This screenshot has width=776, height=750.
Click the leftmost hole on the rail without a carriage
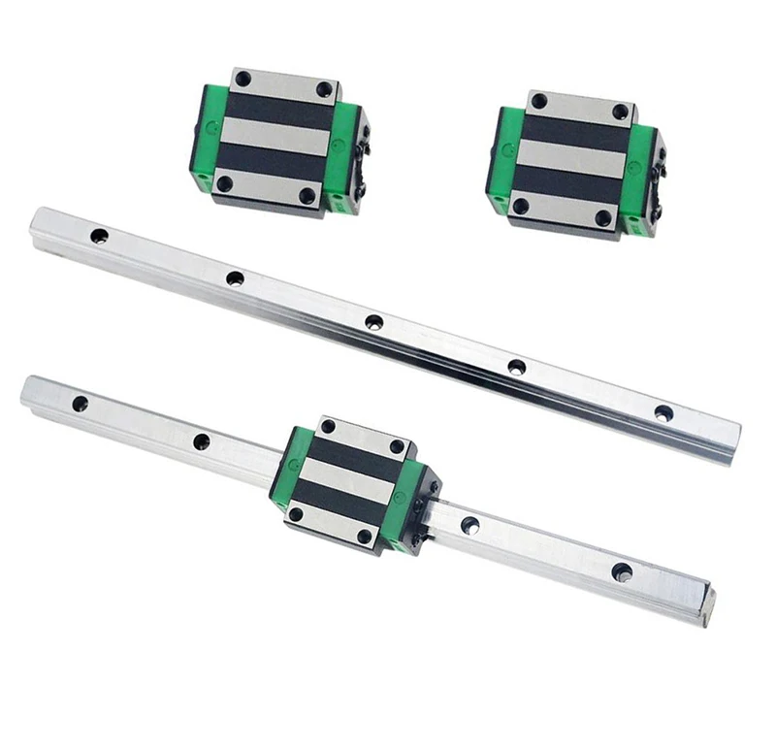point(99,236)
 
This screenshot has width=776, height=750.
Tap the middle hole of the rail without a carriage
point(374,322)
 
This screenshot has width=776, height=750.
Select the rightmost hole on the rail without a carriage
point(663,412)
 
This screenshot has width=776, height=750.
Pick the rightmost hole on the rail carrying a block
point(622,571)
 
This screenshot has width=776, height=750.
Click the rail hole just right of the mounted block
point(470,525)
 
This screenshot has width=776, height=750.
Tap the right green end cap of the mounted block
point(408,505)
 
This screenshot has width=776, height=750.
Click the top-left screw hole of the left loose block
point(242,79)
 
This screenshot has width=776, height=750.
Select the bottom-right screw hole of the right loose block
point(603,218)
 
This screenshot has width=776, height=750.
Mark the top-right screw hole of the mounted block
point(397,446)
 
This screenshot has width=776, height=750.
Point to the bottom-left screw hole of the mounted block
point(296,513)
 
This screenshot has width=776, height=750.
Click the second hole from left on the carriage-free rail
point(235,278)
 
